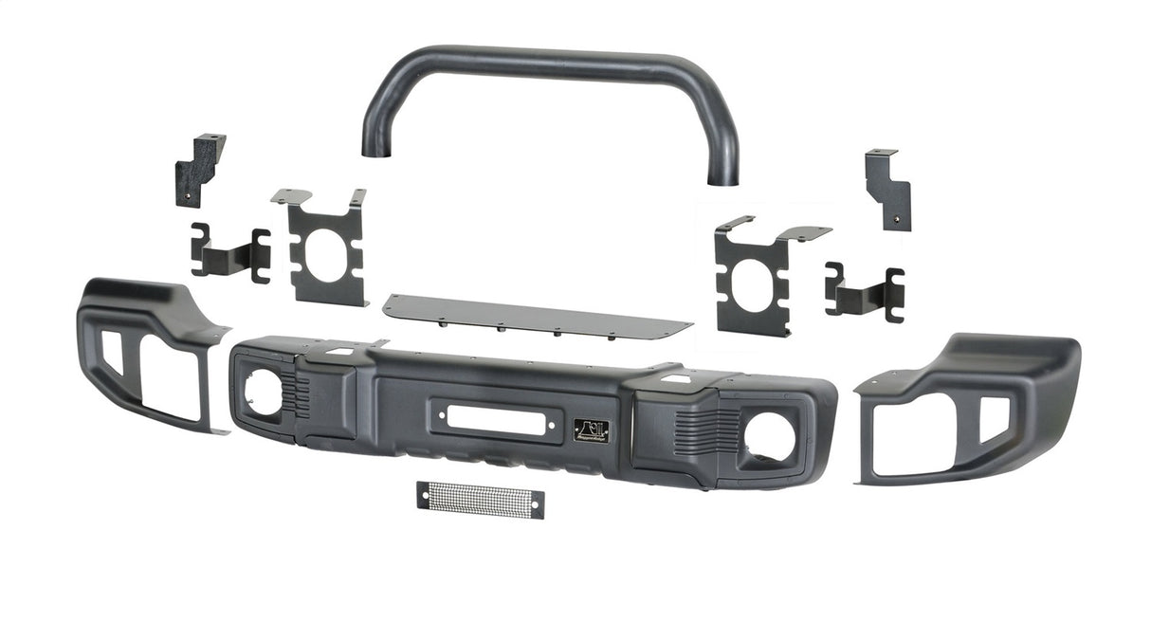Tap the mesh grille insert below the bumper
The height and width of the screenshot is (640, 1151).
(480, 499)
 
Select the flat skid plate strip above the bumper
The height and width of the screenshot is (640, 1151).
(537, 315)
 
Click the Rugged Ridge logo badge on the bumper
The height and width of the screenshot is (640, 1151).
(592, 430)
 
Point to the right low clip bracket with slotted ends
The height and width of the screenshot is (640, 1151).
(864, 291)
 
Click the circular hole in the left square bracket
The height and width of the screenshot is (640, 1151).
(327, 261)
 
